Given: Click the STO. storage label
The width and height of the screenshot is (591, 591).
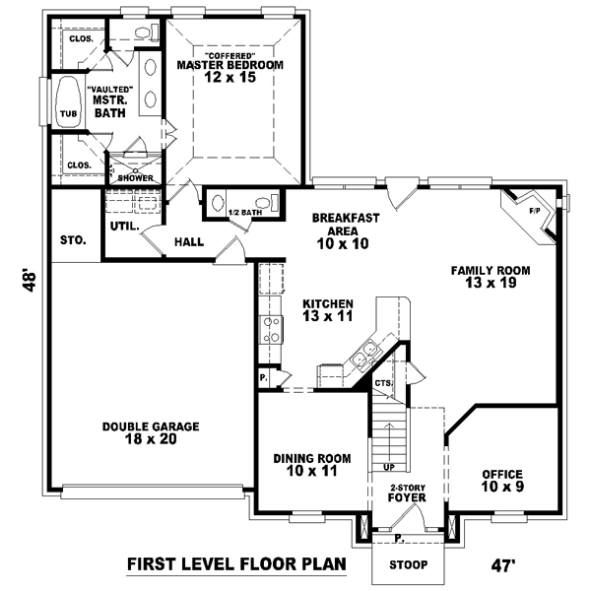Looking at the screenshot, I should [x=73, y=239].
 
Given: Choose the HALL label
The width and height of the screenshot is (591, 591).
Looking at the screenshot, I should [x=189, y=241].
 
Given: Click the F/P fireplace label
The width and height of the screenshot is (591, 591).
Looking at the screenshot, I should [x=535, y=210].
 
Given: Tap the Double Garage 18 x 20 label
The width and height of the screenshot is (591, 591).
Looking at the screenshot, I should [x=151, y=432].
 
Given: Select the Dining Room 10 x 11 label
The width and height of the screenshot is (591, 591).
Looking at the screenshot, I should [x=310, y=465].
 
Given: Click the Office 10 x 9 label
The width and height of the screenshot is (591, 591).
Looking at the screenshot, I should [x=501, y=480].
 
